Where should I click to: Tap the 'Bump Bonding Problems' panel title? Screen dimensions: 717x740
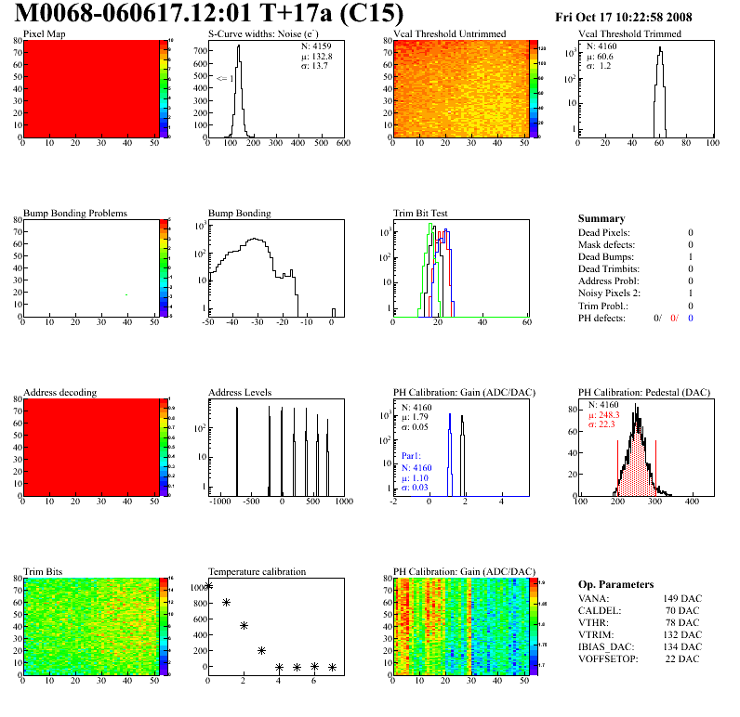tap(75, 213)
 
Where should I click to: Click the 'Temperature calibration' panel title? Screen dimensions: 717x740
tap(257, 571)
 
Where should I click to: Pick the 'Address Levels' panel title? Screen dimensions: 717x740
tap(240, 392)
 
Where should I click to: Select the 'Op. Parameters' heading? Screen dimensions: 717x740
tap(615, 584)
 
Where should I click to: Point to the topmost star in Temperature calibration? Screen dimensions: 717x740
tap(209, 586)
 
